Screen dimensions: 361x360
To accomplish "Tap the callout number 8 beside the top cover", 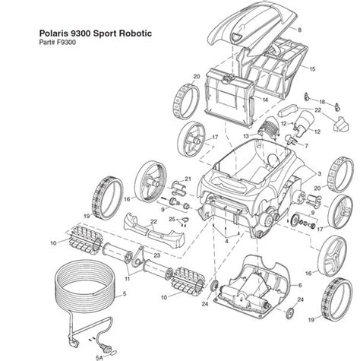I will (x=299, y=29).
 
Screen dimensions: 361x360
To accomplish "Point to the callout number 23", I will (x=156, y=256).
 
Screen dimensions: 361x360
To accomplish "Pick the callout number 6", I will (x=299, y=284).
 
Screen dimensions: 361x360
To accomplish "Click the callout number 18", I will (x=322, y=101).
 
